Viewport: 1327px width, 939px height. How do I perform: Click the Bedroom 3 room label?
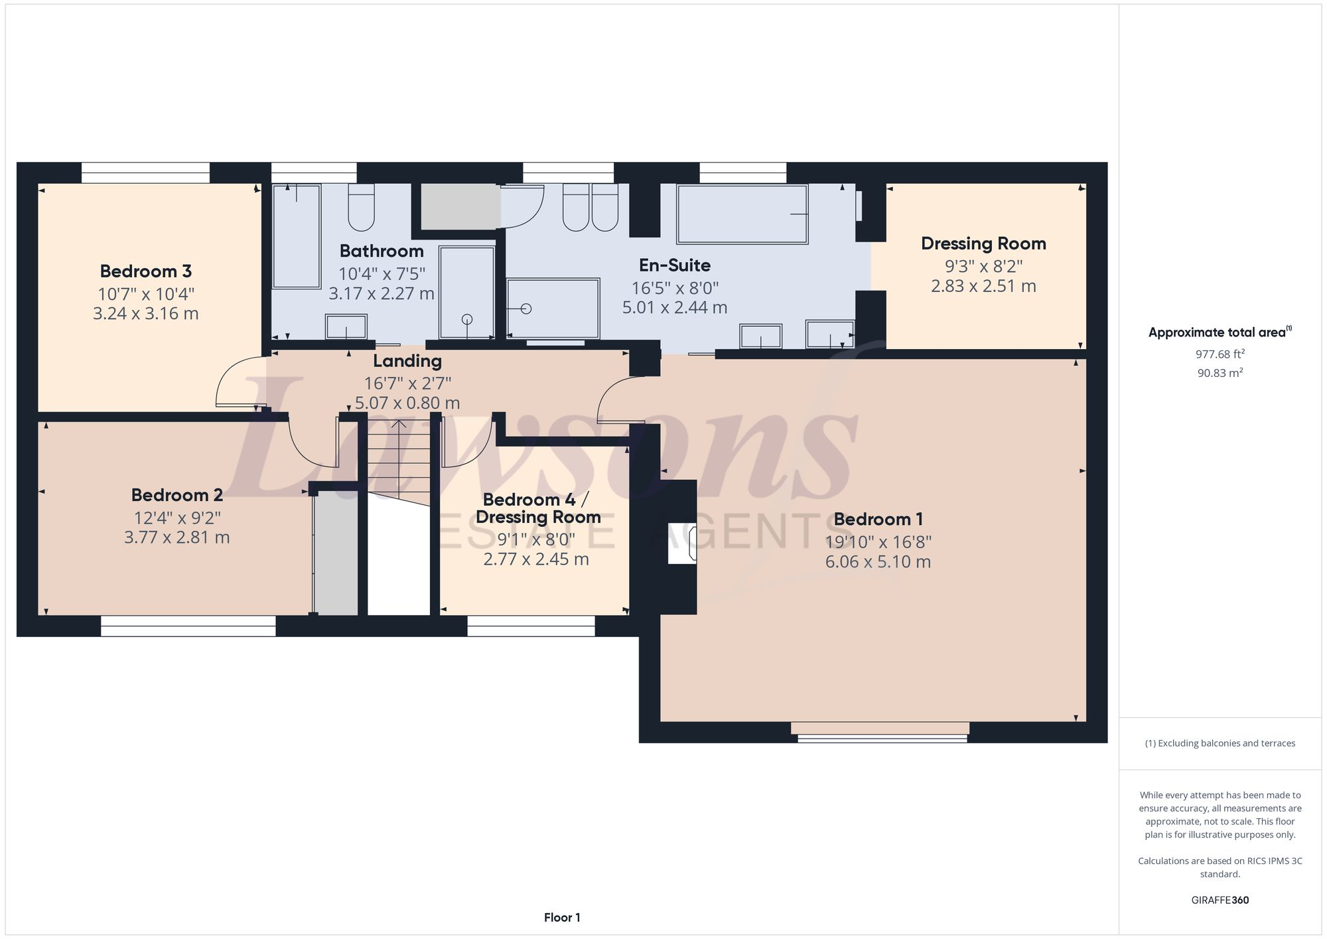[145, 271]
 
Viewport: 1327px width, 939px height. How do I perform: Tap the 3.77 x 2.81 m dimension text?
[176, 538]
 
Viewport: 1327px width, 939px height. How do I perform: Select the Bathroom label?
[382, 252]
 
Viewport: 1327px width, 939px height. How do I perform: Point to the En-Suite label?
[674, 265]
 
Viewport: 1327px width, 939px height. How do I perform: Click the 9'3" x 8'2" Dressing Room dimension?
[983, 266]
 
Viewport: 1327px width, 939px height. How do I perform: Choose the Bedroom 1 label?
[878, 520]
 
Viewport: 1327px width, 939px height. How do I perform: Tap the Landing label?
[407, 362]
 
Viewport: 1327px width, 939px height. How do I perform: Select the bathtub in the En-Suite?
[742, 214]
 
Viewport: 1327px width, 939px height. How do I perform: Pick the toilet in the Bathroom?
[362, 207]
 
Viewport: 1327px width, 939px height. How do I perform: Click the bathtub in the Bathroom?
[297, 236]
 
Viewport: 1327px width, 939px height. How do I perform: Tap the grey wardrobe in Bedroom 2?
[336, 554]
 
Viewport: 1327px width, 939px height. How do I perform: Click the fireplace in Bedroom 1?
[682, 544]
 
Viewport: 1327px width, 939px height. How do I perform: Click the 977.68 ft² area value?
[1220, 354]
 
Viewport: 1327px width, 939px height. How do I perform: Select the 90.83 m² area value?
[1220, 373]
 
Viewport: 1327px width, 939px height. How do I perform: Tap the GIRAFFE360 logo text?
[1220, 901]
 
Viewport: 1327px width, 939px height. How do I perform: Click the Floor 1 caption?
[562, 918]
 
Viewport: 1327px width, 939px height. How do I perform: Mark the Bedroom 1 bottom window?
[881, 733]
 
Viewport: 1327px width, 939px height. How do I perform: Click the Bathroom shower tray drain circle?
[467, 319]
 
